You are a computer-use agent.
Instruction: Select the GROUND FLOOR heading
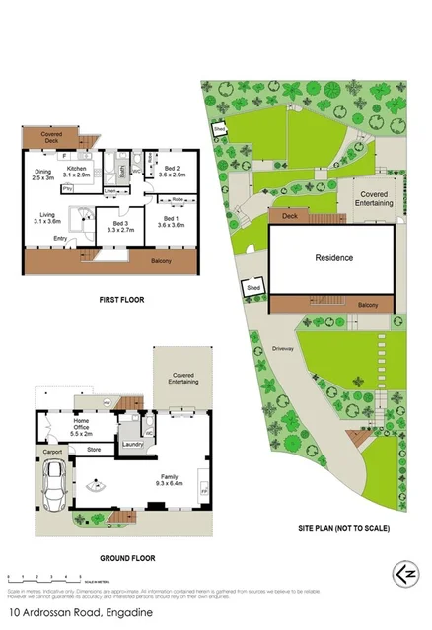point(123,557)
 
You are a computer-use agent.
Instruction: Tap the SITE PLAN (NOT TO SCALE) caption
point(343,528)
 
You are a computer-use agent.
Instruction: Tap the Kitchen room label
point(79,172)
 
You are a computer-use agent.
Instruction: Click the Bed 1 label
point(171,222)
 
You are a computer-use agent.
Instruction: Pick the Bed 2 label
point(172,172)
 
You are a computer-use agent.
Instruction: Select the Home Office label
point(82,429)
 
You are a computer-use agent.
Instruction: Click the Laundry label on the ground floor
point(135,445)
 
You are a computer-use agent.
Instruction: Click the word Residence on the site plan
point(333,258)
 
